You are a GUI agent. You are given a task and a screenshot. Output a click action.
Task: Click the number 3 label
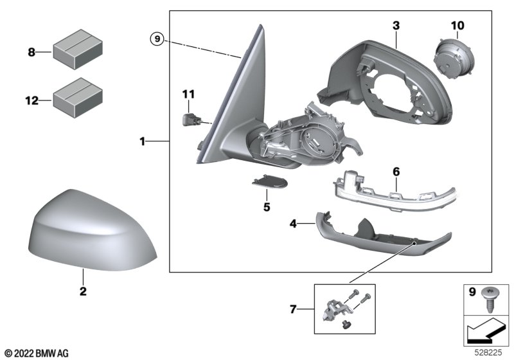click(x=396, y=26)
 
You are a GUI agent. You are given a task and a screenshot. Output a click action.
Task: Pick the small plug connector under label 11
click(x=189, y=119)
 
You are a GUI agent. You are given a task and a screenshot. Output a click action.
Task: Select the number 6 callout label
click(x=396, y=172)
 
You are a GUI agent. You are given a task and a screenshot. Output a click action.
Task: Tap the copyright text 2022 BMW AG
click(x=36, y=352)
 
